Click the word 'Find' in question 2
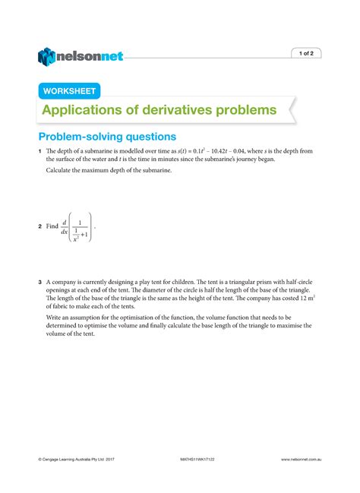pos(52,226)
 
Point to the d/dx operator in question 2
pos(65,226)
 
